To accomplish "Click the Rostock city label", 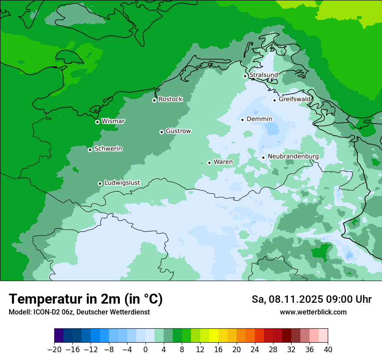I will click(x=170, y=99).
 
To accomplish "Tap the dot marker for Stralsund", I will click(x=245, y=76).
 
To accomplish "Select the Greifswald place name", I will click(x=295, y=99).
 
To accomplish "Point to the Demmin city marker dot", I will click(x=243, y=120).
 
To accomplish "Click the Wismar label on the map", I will click(x=113, y=121).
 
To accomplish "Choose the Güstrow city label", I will click(x=178, y=131).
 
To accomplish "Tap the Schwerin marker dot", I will click(x=90, y=150).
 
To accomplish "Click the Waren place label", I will click(x=223, y=162).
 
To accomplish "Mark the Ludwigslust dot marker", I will click(x=100, y=183).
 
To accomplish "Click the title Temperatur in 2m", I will click(x=86, y=299).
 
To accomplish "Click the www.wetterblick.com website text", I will click(x=313, y=312).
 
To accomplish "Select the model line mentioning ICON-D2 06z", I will click(x=79, y=312).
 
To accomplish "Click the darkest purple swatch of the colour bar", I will click(x=59, y=336).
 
